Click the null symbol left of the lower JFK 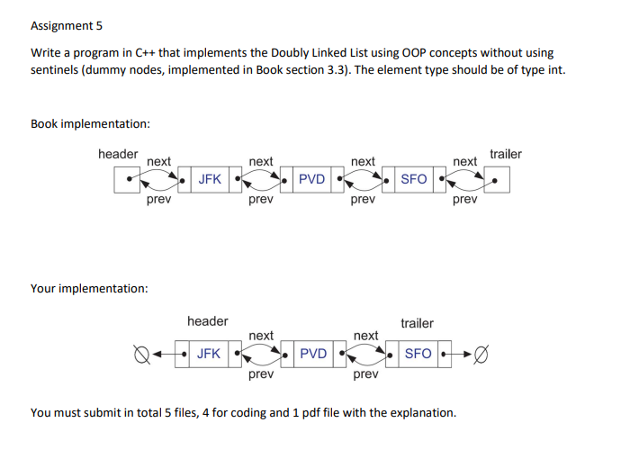[140, 355]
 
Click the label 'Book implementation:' [90, 123]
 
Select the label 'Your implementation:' [89, 288]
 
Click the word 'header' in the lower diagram [208, 321]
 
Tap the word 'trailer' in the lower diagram [417, 323]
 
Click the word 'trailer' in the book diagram [505, 154]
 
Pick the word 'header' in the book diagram [118, 154]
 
